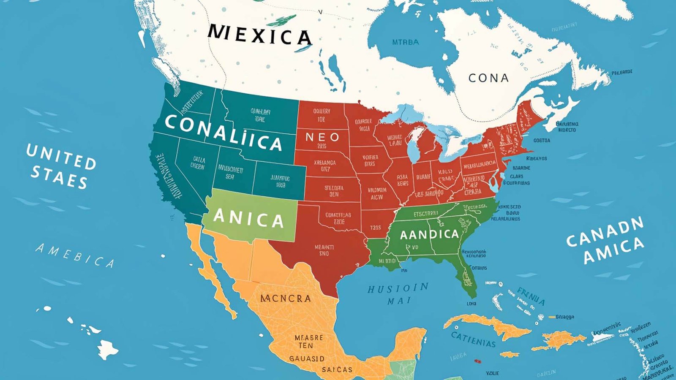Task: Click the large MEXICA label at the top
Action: pyautogui.click(x=260, y=35)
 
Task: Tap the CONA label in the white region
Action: pyautogui.click(x=488, y=78)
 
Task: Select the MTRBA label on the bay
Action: pyautogui.click(x=406, y=42)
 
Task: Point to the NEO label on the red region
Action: pyautogui.click(x=322, y=137)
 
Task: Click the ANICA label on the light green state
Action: pyautogui.click(x=248, y=218)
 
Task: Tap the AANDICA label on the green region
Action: pyautogui.click(x=429, y=234)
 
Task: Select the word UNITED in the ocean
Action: pyautogui.click(x=61, y=156)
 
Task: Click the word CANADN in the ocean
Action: pyautogui.click(x=605, y=232)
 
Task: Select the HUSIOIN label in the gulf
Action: pyautogui.click(x=398, y=289)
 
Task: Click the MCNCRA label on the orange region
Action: pyautogui.click(x=286, y=299)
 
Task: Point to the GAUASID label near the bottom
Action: pyautogui.click(x=307, y=358)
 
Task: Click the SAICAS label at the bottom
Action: pyautogui.click(x=337, y=369)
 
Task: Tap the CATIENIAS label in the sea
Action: pyautogui.click(x=473, y=339)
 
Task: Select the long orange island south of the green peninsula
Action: pyautogui.click(x=486, y=326)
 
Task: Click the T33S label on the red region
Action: pyautogui.click(x=376, y=228)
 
